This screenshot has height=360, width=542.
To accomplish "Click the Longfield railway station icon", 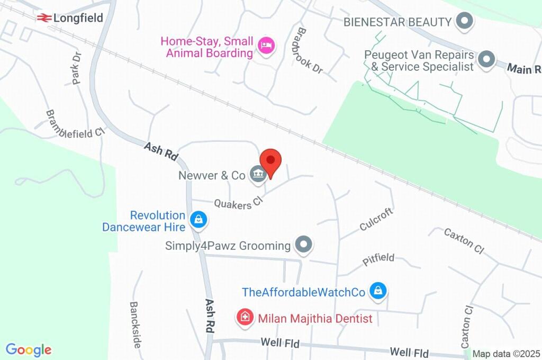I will click(44, 18).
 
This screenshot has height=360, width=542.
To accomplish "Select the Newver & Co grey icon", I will click(258, 175).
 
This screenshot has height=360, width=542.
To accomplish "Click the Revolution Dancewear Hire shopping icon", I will click(198, 219).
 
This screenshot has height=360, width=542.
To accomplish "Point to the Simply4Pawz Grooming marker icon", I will click(304, 245).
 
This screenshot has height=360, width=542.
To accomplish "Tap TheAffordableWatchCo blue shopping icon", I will click(378, 291).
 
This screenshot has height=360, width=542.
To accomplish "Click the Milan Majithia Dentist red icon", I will click(245, 318).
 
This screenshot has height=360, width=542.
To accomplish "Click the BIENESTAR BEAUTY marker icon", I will click(465, 22).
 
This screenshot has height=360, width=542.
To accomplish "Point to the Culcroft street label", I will click(376, 219).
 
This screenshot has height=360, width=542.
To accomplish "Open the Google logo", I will click(29, 350).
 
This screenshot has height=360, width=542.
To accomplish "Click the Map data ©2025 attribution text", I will click(506, 354).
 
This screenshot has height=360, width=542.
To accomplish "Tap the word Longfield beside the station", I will click(78, 19).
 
